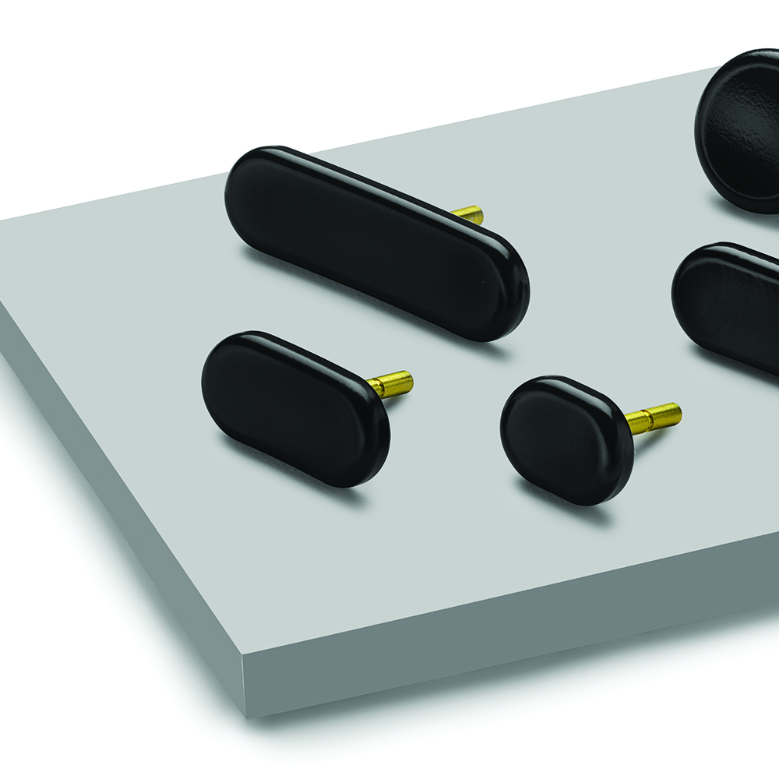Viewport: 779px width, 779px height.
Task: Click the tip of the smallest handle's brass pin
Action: point(678,411)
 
